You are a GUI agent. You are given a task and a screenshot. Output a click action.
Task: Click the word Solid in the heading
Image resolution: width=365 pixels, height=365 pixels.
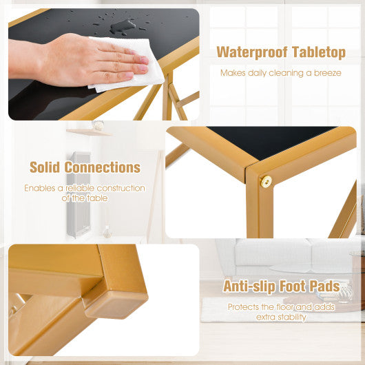coord(45,167)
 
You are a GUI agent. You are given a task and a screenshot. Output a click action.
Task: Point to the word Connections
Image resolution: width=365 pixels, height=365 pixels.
coord(103,167)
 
